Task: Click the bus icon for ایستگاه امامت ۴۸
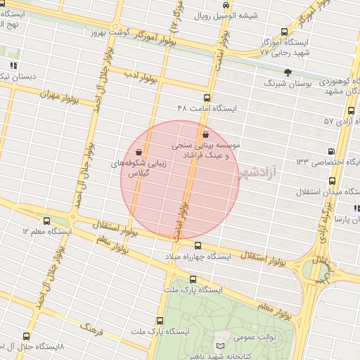tap(207, 98)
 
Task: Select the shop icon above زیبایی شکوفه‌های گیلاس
tap(139, 151)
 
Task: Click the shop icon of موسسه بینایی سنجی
tap(205, 135)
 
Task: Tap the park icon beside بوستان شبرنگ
tap(287, 72)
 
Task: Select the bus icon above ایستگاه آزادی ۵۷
tap(351, 110)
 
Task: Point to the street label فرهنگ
tap(91, 327)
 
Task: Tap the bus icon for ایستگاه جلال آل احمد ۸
tap(26, 336)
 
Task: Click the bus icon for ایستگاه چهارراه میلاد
tap(198, 246)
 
